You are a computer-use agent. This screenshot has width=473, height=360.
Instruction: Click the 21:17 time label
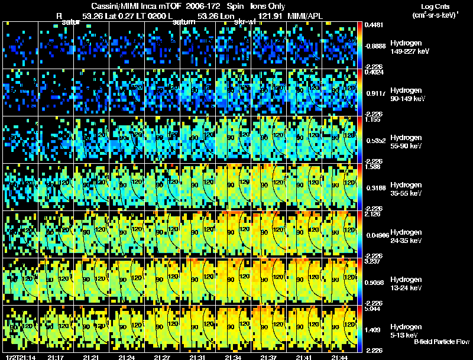coord(56,357)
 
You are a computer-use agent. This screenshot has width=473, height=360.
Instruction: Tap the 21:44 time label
coord(339,357)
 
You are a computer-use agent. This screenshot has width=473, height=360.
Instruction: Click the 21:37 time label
coord(268,357)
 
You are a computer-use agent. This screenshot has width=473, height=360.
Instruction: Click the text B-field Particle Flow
coord(442,342)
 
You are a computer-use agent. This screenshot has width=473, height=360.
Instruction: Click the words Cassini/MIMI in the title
coord(112,6)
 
